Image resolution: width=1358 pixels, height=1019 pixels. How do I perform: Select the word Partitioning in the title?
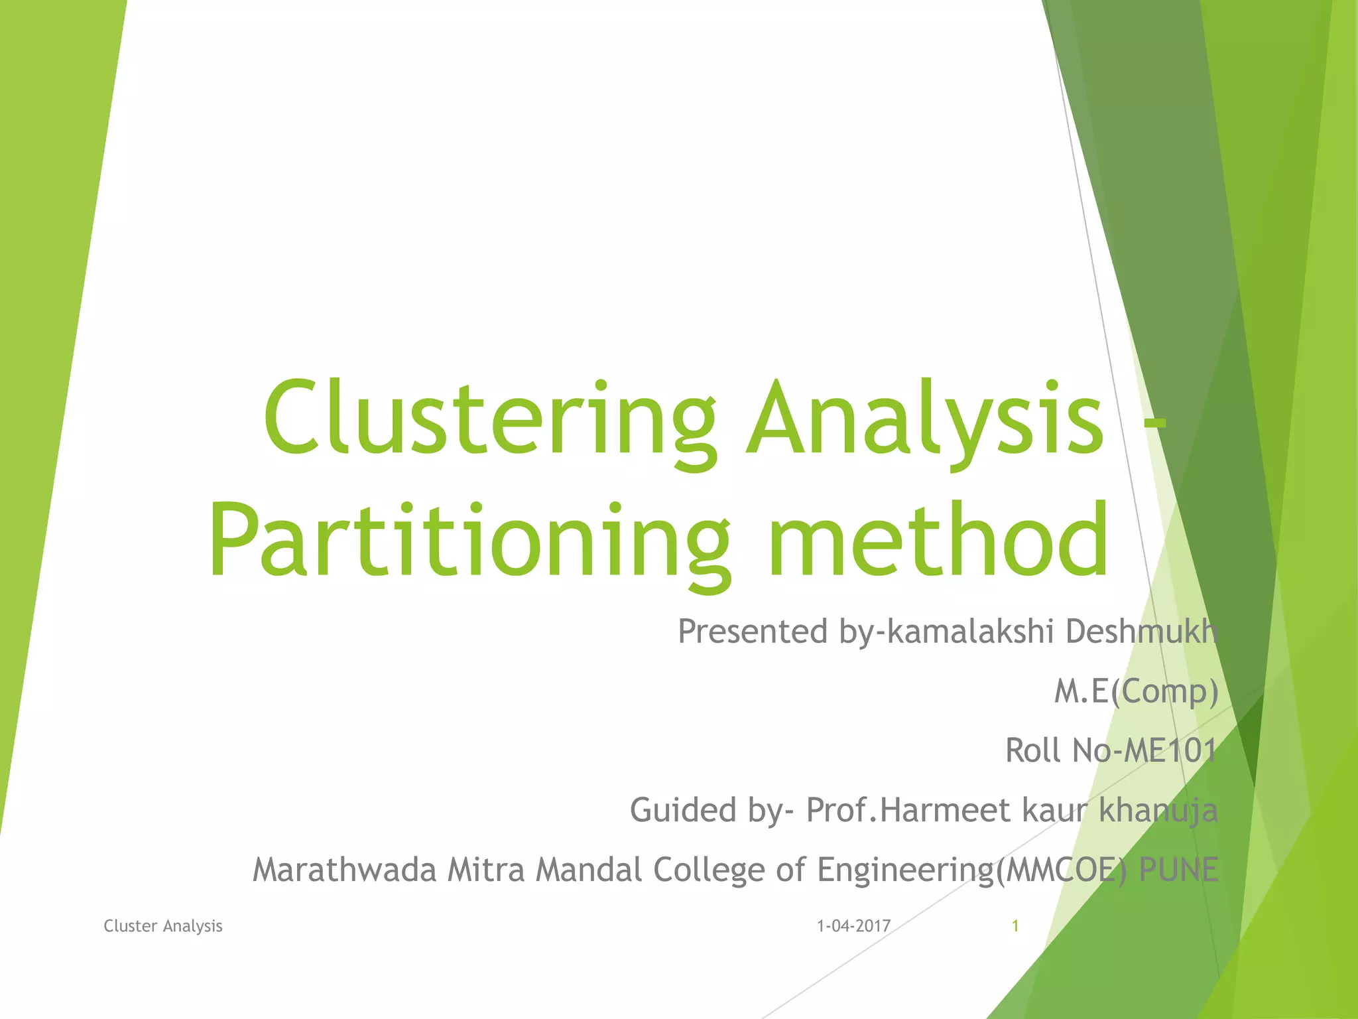point(469,541)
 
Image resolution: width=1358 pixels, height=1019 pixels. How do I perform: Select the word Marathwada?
point(344,870)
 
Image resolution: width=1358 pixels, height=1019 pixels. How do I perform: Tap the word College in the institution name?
point(709,870)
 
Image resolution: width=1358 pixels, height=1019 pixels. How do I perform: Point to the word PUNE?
point(1178,870)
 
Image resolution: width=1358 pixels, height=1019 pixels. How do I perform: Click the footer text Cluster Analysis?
point(163,926)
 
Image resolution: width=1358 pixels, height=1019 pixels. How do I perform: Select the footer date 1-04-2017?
point(853,926)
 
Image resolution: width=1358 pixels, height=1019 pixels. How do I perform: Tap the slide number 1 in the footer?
point(1015,926)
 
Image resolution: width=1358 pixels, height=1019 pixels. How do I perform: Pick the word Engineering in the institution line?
point(906,870)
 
